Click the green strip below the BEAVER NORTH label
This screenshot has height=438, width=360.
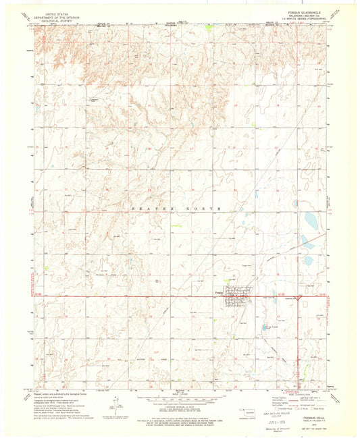point(177,226)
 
